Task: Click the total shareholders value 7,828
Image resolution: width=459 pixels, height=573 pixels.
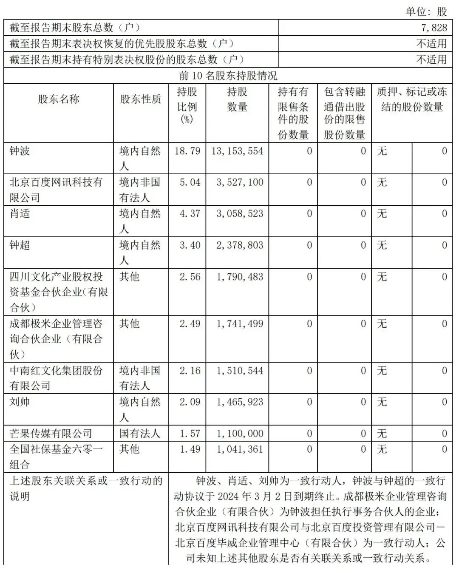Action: (x=434, y=28)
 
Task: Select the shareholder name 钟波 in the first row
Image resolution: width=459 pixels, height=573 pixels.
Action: (x=20, y=151)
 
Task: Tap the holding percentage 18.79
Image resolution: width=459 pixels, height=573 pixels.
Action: (x=187, y=151)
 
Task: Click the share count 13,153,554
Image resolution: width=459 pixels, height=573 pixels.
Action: (x=237, y=151)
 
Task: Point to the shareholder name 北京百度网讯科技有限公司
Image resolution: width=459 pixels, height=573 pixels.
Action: (x=56, y=190)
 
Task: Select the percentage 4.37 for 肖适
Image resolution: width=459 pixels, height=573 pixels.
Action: (x=190, y=213)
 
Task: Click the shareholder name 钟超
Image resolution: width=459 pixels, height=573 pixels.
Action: (x=20, y=245)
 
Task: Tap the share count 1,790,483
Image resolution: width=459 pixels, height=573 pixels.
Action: (x=240, y=277)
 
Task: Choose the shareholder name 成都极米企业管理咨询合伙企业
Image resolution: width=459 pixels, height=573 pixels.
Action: (x=56, y=339)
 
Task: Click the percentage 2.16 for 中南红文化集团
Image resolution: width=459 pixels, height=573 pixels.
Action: (x=190, y=371)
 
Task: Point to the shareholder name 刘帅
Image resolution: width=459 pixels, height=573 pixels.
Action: (x=20, y=402)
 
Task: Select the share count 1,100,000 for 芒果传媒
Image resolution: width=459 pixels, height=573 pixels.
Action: (x=240, y=434)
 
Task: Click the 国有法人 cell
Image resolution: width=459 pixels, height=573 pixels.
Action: (x=140, y=434)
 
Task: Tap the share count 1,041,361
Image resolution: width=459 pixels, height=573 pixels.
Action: (x=240, y=449)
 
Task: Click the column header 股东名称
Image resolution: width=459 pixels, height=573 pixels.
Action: (x=59, y=99)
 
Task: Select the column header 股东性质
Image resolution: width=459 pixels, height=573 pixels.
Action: (x=141, y=99)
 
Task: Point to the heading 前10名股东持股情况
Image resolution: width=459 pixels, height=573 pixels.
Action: (x=228, y=76)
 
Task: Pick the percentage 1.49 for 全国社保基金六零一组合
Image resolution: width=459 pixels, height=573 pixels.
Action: (x=190, y=449)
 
